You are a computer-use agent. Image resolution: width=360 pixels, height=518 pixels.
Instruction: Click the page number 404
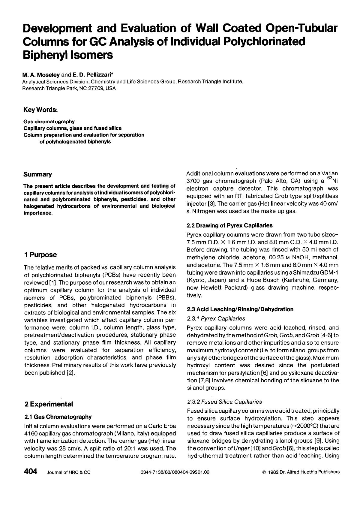30,471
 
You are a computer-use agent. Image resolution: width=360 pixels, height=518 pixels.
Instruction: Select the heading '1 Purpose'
40,255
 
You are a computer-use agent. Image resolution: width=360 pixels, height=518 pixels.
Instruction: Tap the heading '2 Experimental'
49,404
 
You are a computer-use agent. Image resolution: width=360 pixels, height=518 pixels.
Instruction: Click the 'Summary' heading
37,174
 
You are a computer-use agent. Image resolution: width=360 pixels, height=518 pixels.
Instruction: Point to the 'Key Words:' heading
40,110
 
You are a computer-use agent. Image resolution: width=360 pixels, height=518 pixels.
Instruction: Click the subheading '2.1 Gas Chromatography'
58,417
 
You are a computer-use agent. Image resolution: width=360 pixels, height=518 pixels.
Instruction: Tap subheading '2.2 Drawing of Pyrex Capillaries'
229,225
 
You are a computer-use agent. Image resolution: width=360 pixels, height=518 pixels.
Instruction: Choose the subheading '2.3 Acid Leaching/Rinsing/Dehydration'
240,309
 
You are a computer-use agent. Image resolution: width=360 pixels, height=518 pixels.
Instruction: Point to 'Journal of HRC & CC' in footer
68,472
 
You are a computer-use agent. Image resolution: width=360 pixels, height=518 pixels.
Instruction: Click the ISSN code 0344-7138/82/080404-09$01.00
175,472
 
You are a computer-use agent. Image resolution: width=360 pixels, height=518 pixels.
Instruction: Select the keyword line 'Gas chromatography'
49,122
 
